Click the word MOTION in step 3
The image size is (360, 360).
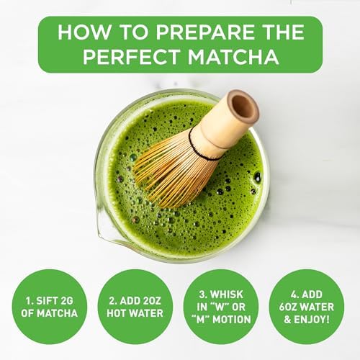(x=232, y=323)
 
